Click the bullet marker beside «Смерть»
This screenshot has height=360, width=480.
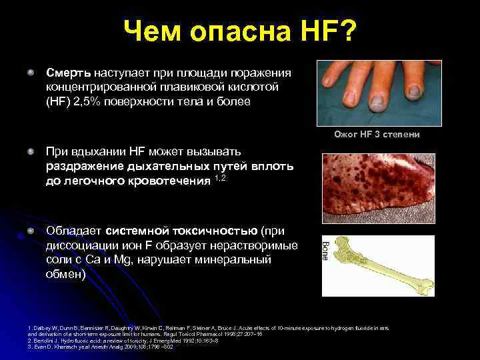pos(31,70)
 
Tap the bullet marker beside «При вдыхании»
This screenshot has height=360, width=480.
pos(31,152)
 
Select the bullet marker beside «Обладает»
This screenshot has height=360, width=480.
pos(31,231)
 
